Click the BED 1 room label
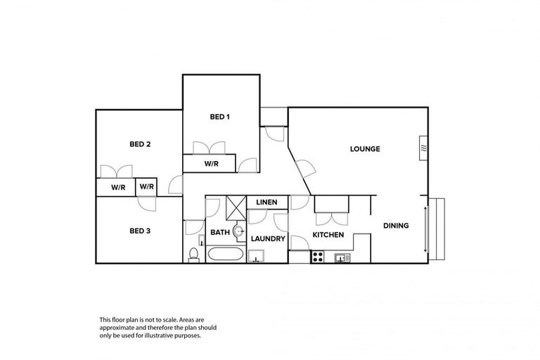click(x=219, y=117)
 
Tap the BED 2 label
click(x=140, y=144)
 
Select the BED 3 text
click(x=140, y=231)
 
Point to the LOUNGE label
click(x=365, y=149)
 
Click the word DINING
click(x=396, y=226)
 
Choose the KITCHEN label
click(x=328, y=235)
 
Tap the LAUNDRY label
click(x=268, y=239)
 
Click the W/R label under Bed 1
click(x=212, y=164)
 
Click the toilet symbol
click(x=193, y=254)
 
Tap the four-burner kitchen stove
click(x=317, y=257)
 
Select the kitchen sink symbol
click(x=342, y=257)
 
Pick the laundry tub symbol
click(x=257, y=256)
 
